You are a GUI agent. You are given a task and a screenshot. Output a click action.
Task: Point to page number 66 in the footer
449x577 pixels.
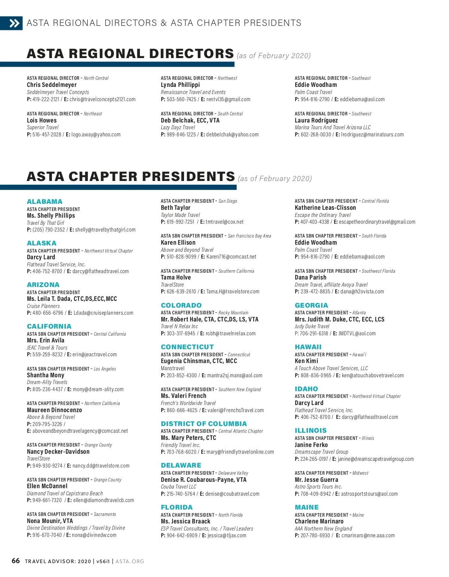(16, 561)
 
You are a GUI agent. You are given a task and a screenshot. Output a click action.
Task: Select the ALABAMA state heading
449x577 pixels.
(45, 202)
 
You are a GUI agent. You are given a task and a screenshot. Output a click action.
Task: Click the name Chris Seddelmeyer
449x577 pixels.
(52, 85)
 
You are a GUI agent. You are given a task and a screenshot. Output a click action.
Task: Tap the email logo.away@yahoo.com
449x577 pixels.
(96, 135)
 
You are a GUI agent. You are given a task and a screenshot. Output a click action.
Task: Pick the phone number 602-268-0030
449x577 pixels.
(316, 135)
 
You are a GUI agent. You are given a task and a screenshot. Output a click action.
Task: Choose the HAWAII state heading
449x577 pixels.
(308, 347)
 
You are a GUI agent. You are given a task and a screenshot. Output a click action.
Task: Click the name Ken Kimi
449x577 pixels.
(306, 361)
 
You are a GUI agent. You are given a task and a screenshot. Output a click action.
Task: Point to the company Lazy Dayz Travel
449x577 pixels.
(178, 127)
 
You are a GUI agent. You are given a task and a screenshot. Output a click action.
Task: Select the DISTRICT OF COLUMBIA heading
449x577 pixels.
(204, 424)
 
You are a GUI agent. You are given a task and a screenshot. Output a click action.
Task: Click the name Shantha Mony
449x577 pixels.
(46, 375)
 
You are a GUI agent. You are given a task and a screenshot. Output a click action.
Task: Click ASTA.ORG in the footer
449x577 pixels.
(130, 561)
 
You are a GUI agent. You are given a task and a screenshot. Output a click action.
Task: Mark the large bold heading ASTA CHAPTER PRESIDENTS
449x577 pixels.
(131, 176)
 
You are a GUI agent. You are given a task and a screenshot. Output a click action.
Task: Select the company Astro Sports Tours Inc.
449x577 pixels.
(318, 487)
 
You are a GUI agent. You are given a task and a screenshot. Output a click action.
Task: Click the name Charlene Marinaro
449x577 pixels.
(319, 521)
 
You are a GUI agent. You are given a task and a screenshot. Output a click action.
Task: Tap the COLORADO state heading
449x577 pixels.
(181, 305)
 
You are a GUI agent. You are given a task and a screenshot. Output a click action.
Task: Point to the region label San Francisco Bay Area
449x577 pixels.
(249, 236)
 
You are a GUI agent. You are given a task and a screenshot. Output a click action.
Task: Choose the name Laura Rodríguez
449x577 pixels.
(316, 120)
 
